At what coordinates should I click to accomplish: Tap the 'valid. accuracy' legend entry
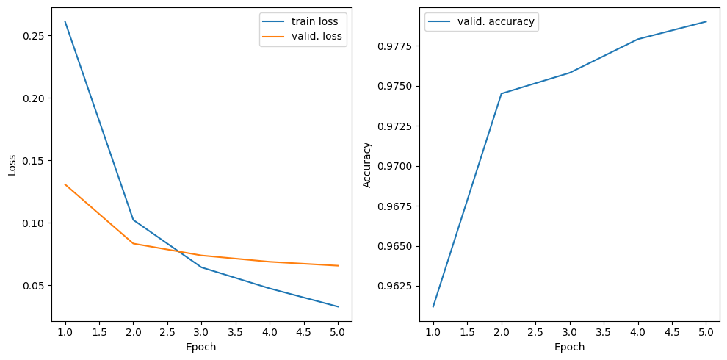(x=496, y=22)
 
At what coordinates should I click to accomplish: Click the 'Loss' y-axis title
(x=12, y=164)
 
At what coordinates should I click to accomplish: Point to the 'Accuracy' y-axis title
(x=367, y=164)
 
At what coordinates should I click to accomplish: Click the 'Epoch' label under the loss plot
(x=201, y=347)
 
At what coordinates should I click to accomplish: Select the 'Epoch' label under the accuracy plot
(x=569, y=347)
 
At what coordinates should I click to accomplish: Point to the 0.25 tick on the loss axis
(x=35, y=36)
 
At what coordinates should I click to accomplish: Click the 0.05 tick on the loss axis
(x=35, y=286)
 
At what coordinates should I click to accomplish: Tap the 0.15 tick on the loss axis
(x=35, y=161)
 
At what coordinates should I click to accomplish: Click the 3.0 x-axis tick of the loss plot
(x=201, y=333)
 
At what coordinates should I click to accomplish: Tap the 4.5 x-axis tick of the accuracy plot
(x=672, y=333)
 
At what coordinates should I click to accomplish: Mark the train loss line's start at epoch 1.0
(x=65, y=21)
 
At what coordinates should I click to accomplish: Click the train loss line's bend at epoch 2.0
(x=134, y=220)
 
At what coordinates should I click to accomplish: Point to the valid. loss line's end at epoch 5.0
(x=339, y=266)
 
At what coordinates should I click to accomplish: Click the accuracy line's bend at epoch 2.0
(x=501, y=93)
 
